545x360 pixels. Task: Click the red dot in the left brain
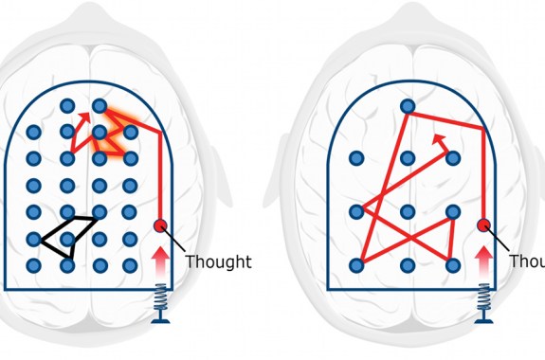pos(161,225)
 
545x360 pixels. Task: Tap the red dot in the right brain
pos(483,225)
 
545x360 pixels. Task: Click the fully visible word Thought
pos(218,262)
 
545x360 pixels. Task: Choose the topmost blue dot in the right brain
pos(408,106)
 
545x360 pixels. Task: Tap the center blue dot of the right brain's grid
pos(408,211)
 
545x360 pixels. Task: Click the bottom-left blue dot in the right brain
pos(357,265)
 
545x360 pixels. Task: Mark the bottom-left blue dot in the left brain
pos(33,265)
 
